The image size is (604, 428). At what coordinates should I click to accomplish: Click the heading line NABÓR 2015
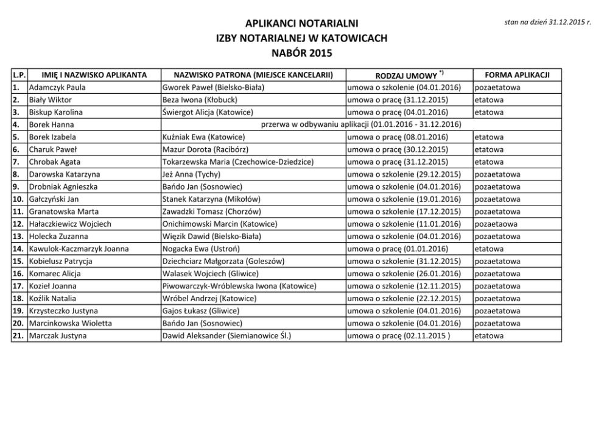301,52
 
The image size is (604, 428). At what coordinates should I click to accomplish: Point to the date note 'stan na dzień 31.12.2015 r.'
548,22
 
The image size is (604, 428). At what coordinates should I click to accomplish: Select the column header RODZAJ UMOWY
407,75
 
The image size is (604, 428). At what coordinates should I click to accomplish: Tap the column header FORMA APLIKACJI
517,75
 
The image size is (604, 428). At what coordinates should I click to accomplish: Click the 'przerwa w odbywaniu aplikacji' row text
360,124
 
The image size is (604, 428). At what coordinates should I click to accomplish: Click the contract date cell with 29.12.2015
404,174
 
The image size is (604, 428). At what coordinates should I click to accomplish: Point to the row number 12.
18,224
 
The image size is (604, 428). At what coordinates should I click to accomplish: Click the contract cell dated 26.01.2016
404,273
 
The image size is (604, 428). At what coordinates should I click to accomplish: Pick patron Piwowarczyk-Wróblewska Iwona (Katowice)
239,286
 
